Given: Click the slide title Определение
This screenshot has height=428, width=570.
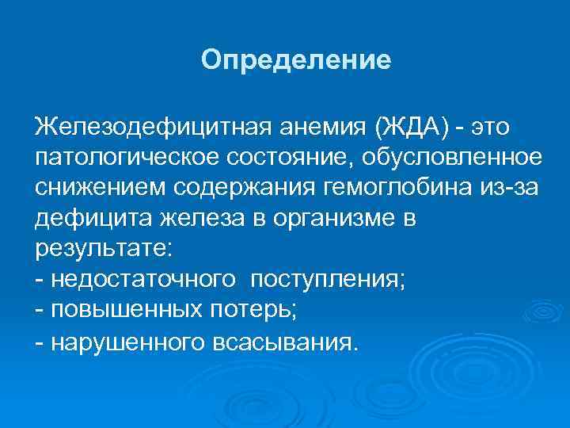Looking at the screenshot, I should point(296,61).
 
